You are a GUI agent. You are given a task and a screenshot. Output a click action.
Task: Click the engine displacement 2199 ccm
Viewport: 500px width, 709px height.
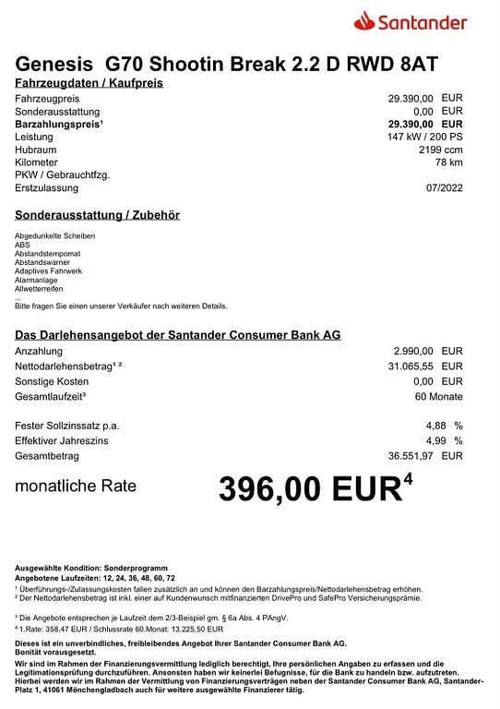[440, 149]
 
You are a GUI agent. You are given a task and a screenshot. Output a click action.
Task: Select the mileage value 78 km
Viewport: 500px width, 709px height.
[447, 162]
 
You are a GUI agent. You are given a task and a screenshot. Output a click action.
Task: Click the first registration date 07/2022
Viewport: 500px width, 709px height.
[442, 188]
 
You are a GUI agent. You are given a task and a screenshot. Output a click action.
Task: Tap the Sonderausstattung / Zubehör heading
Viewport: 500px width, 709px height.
[98, 215]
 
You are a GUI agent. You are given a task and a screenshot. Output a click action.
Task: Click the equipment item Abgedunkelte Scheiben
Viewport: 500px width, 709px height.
[54, 235]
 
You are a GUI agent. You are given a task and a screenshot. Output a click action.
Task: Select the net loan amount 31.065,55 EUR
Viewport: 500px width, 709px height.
[424, 367]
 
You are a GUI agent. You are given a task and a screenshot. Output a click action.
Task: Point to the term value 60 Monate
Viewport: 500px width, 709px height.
[438, 396]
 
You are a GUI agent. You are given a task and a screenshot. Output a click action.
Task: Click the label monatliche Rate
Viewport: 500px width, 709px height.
[76, 486]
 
